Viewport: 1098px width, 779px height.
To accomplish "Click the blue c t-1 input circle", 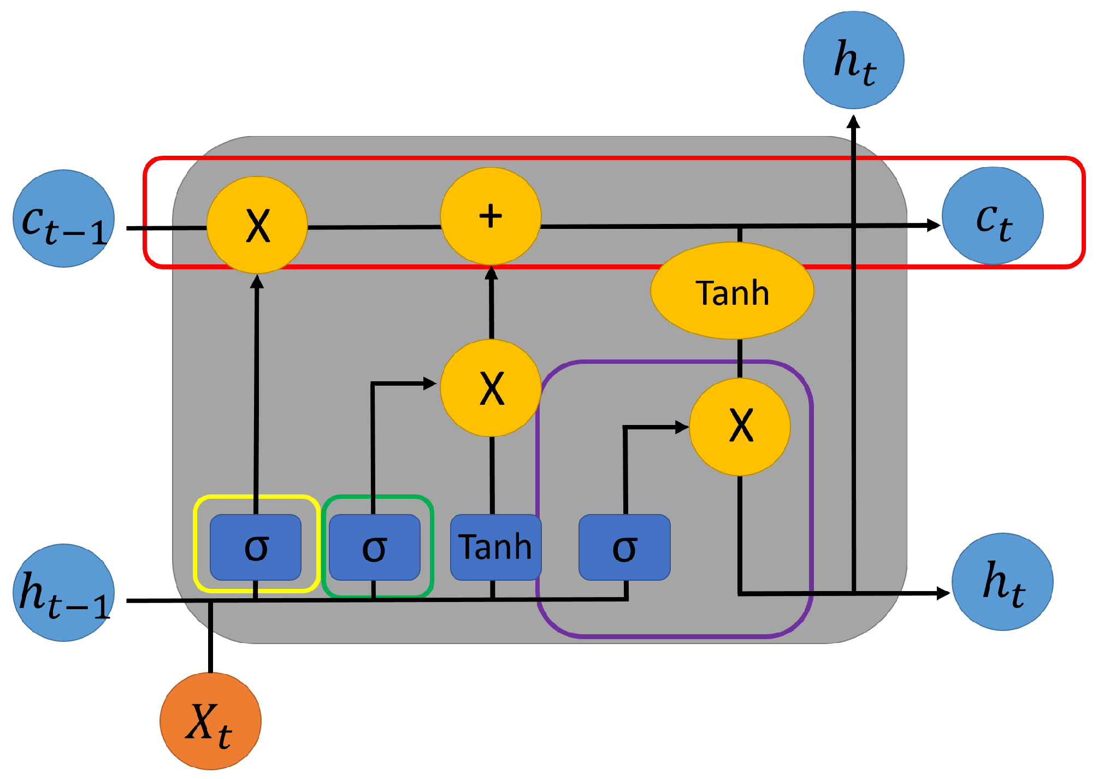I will point(63,219).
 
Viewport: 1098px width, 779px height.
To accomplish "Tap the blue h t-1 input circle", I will point(63,592).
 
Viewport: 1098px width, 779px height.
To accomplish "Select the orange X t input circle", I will point(210,721).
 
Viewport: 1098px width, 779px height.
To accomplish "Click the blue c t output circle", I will point(993,216).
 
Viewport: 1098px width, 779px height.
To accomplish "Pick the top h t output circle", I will point(853,60).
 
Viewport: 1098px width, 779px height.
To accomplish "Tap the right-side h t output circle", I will point(1002,581).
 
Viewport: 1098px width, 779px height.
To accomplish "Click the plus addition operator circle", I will point(491,216).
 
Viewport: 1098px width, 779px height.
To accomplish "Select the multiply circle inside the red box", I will point(257,225).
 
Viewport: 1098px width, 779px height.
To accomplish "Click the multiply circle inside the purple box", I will point(740,427).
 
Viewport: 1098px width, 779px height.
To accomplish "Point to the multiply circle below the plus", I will point(491,387).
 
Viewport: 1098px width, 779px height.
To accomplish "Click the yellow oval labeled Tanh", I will point(732,291).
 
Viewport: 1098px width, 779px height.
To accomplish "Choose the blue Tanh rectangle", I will point(495,547).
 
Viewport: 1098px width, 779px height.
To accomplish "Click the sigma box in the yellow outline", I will point(256,547).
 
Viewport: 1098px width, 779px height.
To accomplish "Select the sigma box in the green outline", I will point(374,547).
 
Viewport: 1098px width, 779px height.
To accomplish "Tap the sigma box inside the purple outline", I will point(624,547).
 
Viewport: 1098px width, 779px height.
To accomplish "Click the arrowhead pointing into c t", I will point(933,225).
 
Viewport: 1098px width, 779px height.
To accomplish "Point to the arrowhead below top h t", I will point(853,121).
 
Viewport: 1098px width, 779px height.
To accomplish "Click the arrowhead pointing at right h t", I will point(943,593).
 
